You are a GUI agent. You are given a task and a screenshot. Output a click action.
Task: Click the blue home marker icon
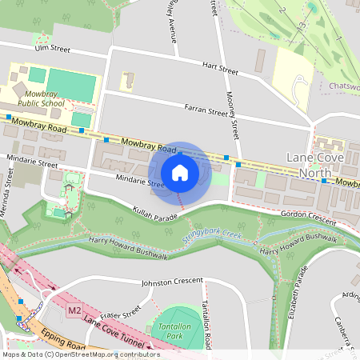pyautogui.click(x=180, y=173)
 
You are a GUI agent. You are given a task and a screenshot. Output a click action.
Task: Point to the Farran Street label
pyautogui.click(x=206, y=112)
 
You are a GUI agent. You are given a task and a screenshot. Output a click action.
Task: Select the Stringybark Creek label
pyautogui.click(x=211, y=234)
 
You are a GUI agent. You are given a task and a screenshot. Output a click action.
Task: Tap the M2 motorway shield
pyautogui.click(x=75, y=310)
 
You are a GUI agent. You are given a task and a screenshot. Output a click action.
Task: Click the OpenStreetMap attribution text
pyautogui.click(x=81, y=354)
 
